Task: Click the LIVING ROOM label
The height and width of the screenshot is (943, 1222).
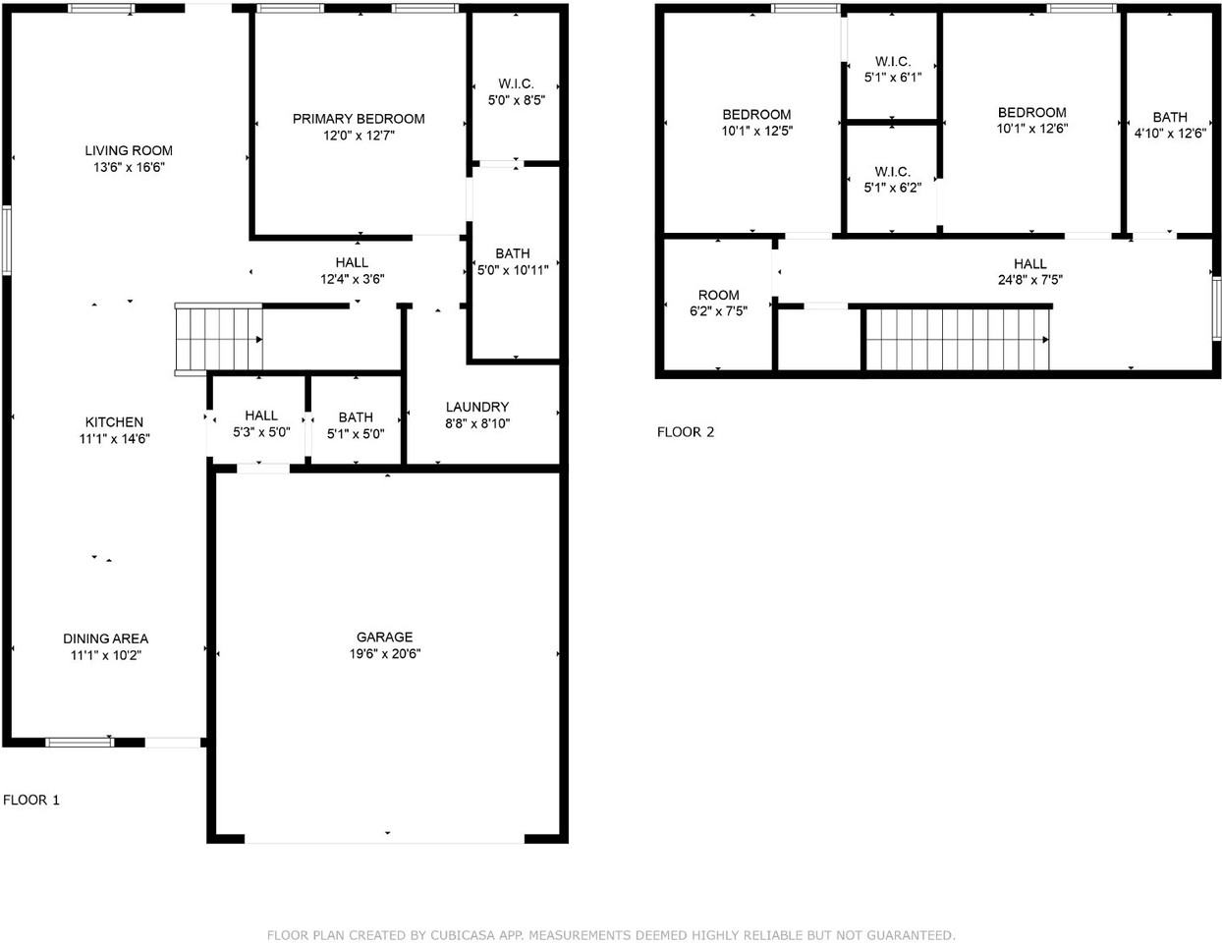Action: [129, 150]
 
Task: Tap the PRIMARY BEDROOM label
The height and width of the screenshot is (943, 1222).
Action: [359, 119]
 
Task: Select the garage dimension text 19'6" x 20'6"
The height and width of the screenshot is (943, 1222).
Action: [384, 654]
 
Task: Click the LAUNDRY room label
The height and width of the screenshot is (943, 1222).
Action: [477, 407]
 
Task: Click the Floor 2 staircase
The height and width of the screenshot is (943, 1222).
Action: [958, 339]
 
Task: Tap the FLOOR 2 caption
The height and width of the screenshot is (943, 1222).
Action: [686, 432]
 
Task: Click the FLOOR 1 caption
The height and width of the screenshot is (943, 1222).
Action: [31, 800]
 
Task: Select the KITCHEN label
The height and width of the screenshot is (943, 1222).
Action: [114, 422]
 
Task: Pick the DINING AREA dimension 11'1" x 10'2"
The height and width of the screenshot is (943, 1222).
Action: [106, 655]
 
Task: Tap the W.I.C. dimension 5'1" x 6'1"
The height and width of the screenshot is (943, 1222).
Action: [893, 78]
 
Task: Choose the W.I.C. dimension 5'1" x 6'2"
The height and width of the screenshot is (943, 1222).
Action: [892, 188]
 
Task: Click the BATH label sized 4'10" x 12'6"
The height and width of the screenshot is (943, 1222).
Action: [1170, 117]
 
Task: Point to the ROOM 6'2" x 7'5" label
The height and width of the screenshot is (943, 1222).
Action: [718, 295]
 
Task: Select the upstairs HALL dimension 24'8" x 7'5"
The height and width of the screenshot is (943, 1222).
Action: [1030, 280]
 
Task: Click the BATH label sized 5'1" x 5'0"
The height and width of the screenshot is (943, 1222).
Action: [356, 417]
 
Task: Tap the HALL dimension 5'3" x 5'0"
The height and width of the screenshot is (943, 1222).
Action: [261, 432]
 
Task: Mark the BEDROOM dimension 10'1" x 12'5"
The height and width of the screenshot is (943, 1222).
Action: [756, 131]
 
